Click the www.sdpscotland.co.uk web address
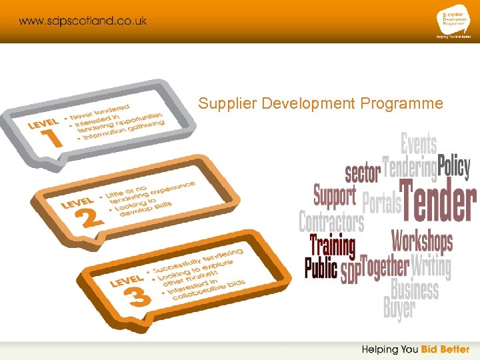[x=83, y=21]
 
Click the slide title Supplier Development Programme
[x=321, y=103]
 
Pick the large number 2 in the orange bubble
[x=91, y=215]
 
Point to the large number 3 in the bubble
[x=138, y=295]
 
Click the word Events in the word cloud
[x=418, y=144]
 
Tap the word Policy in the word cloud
[x=454, y=167]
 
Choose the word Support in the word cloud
[x=335, y=196]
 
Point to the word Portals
[x=381, y=204]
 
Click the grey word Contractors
[x=331, y=221]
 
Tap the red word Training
[x=333, y=245]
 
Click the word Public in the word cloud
[x=321, y=268]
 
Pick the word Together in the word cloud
[x=385, y=267]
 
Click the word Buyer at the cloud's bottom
[x=399, y=309]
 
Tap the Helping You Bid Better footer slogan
[x=415, y=349]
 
